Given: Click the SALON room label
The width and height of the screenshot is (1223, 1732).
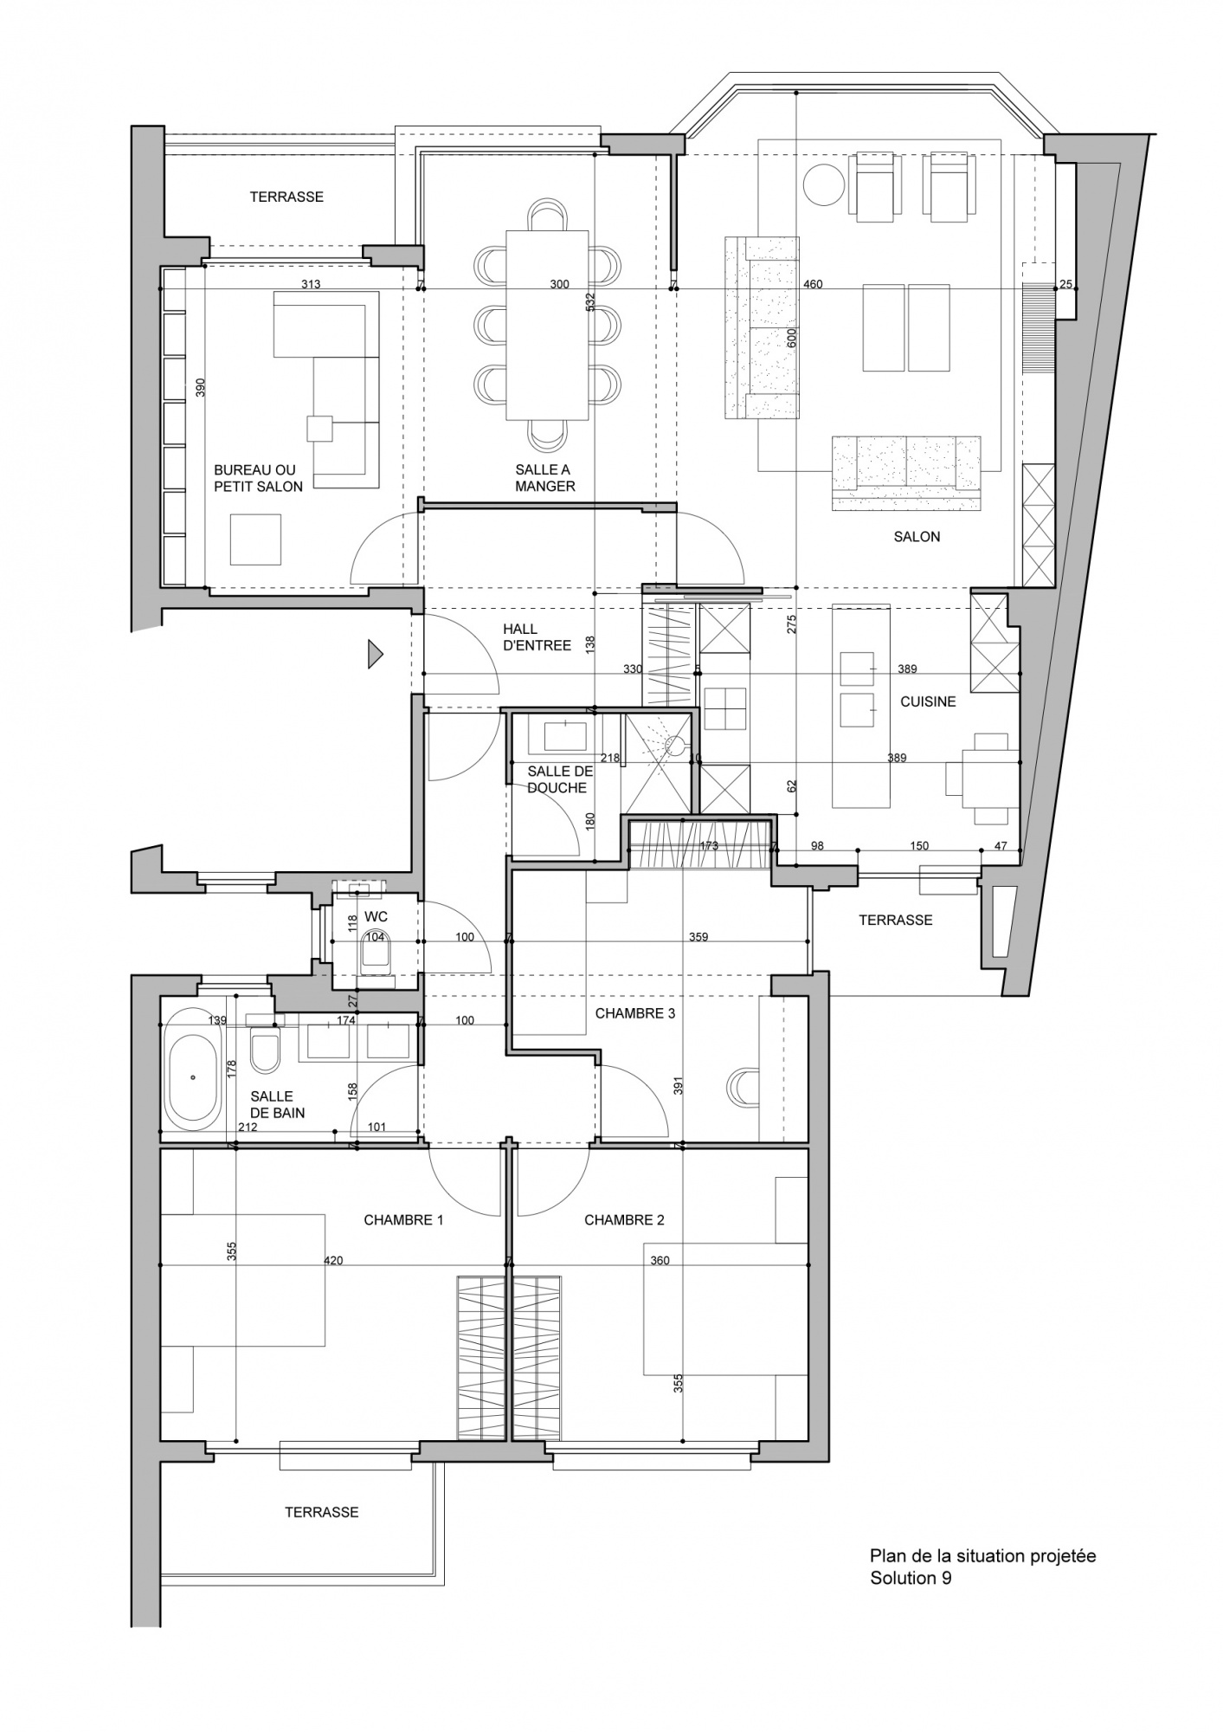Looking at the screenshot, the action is tap(917, 537).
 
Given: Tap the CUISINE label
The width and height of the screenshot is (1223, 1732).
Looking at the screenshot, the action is tap(928, 701).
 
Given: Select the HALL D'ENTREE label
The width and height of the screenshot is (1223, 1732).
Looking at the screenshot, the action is tap(537, 637).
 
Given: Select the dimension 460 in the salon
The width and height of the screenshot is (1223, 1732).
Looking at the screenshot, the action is tap(813, 284).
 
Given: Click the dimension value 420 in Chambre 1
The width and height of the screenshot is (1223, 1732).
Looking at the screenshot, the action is tap(333, 1261).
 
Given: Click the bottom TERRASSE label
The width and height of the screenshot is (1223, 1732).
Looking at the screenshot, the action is tap(322, 1512).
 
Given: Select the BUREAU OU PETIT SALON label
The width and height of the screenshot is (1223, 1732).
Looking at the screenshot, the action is tap(258, 478).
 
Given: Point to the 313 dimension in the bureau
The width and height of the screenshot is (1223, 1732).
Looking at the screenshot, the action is tap(311, 284).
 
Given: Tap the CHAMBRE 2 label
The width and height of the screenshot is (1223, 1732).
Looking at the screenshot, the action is tap(624, 1220).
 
